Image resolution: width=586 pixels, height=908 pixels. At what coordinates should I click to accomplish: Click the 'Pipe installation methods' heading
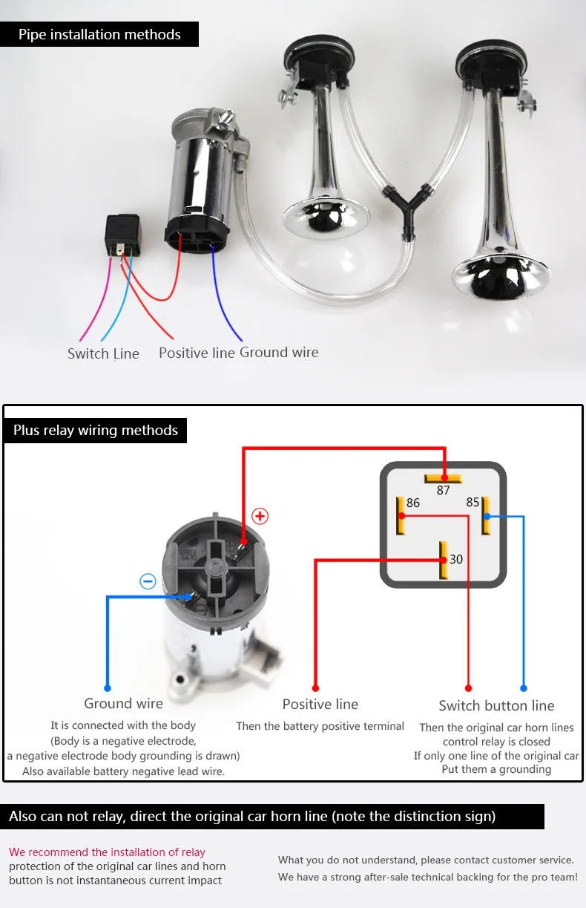pos(99,34)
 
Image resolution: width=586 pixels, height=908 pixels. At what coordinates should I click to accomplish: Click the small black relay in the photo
pos(123,235)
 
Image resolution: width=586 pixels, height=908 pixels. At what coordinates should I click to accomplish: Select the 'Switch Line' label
pos(103,353)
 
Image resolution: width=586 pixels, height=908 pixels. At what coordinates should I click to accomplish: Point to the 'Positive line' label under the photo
pos(197,353)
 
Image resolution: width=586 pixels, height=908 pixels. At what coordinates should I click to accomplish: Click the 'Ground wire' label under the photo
pos(279,352)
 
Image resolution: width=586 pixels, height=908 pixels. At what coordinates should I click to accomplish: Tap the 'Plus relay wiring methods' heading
pos(96,430)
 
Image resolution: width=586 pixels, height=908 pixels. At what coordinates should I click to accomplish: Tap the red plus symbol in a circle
pos(260,516)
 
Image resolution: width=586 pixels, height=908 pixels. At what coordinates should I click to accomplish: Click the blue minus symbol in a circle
pos(148,581)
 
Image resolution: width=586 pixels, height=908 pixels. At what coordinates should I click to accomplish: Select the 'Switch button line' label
pos(496,706)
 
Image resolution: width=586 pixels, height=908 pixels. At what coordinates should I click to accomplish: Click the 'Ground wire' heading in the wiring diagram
pos(124,703)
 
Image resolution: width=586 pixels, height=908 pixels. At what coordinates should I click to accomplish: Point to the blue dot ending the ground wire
pos(108,688)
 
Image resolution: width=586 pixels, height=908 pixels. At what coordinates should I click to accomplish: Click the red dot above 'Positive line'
pos(315,688)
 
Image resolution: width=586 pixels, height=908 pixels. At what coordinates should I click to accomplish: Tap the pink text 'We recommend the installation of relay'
pos(107,852)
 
